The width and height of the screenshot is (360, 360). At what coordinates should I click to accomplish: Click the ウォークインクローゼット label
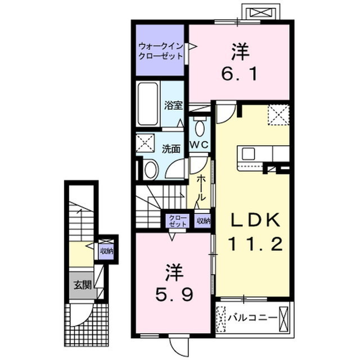coord(161,51)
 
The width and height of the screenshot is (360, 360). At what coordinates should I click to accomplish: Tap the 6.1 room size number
coord(239,74)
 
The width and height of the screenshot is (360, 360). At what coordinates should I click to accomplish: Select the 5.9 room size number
coord(174,294)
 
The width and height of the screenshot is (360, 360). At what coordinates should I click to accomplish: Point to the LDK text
coord(255,220)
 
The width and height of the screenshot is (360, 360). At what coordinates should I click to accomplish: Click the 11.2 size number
coord(255,244)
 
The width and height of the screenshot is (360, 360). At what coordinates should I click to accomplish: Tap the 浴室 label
coord(173,105)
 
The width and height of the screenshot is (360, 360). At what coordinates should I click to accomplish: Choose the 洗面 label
coord(171,149)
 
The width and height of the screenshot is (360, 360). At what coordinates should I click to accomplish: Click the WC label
coord(199,145)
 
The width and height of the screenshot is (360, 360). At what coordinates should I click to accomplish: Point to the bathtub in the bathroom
coord(148,103)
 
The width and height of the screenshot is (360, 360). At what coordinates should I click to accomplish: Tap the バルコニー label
coord(253,318)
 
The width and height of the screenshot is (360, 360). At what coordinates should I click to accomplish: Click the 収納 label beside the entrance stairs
coord(107,251)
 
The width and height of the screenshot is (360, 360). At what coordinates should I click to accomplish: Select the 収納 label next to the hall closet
coord(204,220)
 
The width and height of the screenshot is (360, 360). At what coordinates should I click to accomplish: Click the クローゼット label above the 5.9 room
coord(178,220)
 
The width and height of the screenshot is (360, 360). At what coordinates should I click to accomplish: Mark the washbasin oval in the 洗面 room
coord(151,170)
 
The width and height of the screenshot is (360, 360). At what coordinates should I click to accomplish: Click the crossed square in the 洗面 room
coord(145,143)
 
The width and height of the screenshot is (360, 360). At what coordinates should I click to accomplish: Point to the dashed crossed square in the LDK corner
coord(278,115)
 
